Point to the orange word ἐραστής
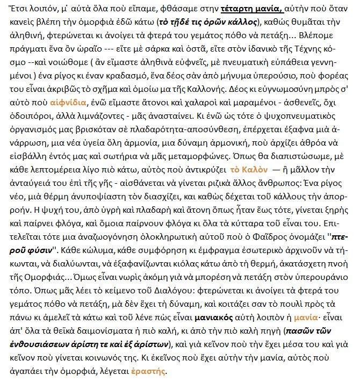152,371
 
